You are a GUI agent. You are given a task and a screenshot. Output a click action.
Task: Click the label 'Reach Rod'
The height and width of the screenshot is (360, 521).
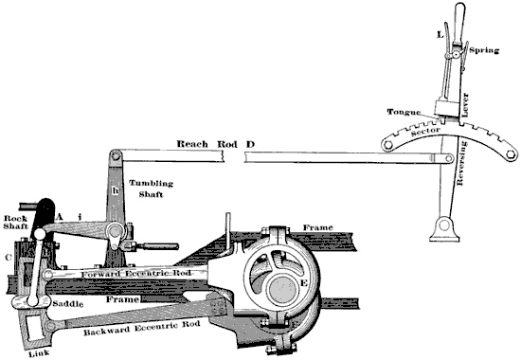205,143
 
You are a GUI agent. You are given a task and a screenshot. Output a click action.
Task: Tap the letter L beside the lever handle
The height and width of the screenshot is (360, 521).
439,34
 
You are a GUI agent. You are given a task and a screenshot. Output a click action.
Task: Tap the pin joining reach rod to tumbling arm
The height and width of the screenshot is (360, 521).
114,154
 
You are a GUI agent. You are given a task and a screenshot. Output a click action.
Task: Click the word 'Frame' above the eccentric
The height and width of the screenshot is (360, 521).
316,228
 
